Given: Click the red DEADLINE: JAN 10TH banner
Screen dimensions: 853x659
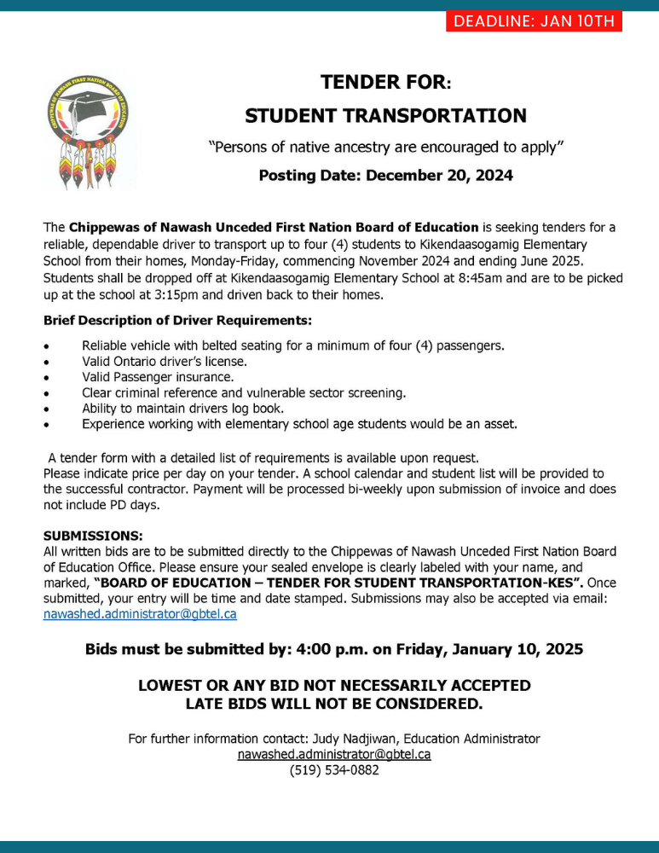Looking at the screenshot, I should (534, 20).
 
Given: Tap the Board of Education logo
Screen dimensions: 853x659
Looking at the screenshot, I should (89, 133).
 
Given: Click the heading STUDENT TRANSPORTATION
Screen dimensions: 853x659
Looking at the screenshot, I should (385, 115).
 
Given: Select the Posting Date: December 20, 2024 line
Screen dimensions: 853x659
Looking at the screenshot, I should (385, 176).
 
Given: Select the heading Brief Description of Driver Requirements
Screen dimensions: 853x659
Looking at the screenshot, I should (177, 321).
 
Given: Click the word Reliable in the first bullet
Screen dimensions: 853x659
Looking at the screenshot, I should (105, 345).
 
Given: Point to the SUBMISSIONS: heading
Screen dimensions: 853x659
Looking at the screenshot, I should (93, 537).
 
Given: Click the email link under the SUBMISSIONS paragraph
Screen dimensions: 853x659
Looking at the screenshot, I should (140, 613).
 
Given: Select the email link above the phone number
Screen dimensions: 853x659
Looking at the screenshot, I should (333, 754).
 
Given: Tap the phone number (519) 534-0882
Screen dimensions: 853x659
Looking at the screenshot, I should (334, 770).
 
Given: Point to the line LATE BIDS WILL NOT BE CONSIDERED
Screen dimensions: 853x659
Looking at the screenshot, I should (334, 705).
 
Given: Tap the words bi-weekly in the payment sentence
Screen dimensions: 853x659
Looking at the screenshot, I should (351, 489).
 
